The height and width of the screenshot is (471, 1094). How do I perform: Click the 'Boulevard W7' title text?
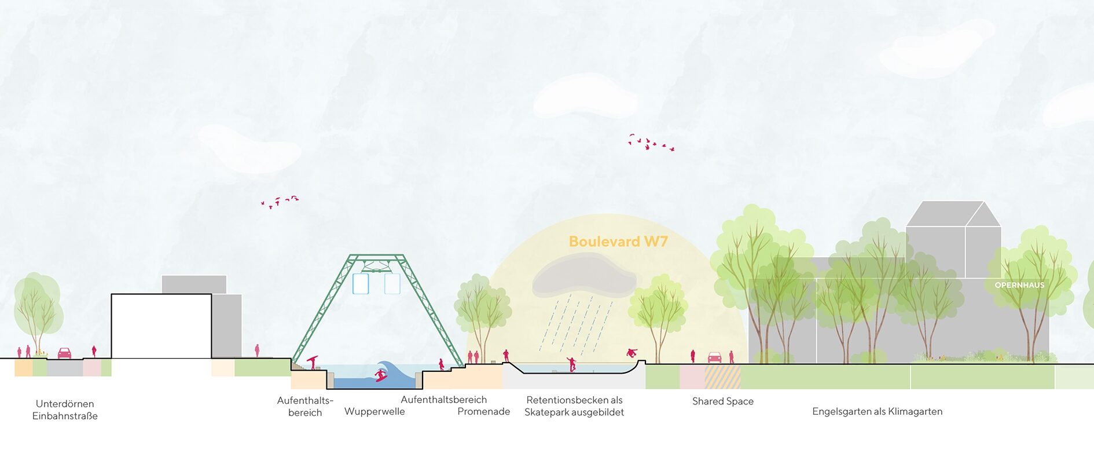tap(618, 242)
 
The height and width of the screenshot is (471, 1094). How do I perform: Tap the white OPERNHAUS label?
tap(1019, 285)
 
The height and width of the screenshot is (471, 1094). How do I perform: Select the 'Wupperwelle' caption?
tap(375, 411)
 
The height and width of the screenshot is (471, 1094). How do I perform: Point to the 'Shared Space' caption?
tap(722, 401)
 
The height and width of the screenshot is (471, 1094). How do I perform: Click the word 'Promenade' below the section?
tap(483, 411)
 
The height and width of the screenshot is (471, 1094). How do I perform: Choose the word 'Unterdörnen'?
tap(65, 404)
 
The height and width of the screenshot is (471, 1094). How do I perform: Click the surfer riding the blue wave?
tap(380, 374)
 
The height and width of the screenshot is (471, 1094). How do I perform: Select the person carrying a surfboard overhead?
tap(313, 362)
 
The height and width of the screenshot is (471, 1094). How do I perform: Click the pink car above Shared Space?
tap(714, 357)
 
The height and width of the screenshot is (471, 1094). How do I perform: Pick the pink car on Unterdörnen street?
tap(64, 353)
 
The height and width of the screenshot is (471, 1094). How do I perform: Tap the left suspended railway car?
tap(361, 283)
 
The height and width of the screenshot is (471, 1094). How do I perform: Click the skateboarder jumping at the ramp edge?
tap(632, 352)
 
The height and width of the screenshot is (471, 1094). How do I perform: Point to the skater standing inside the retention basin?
tap(572, 364)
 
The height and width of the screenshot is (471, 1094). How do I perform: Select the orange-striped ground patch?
tap(722, 377)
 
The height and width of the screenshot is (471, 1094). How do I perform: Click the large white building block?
tap(161, 326)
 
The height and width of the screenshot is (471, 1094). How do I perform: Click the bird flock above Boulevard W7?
tap(651, 143)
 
